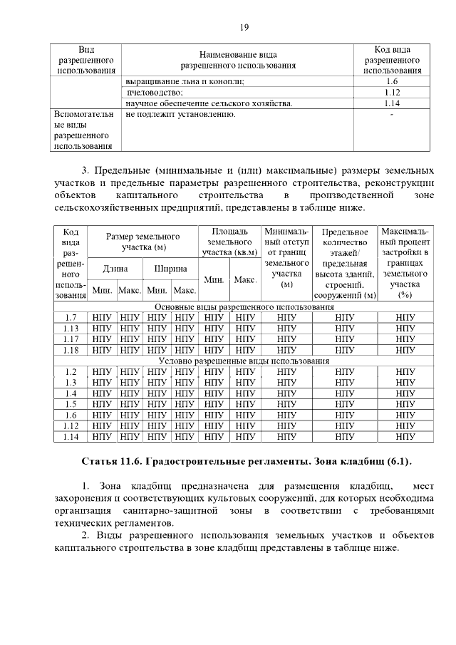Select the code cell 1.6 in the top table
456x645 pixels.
(x=391, y=82)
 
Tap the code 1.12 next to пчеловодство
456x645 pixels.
(x=391, y=93)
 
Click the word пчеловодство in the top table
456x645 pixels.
(x=155, y=93)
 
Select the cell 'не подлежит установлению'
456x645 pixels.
(x=180, y=114)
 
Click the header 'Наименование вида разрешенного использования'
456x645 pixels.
(x=238, y=60)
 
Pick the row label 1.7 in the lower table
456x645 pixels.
(x=71, y=318)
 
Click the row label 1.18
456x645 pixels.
(x=71, y=350)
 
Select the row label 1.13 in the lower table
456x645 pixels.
(x=71, y=329)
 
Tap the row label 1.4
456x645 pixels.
(x=71, y=393)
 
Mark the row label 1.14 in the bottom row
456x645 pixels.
(x=71, y=436)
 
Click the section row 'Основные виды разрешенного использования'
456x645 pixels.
(x=243, y=307)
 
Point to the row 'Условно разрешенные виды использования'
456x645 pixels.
(x=243, y=361)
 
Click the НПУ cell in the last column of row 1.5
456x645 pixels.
(x=405, y=404)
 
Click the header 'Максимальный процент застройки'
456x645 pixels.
(x=405, y=262)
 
